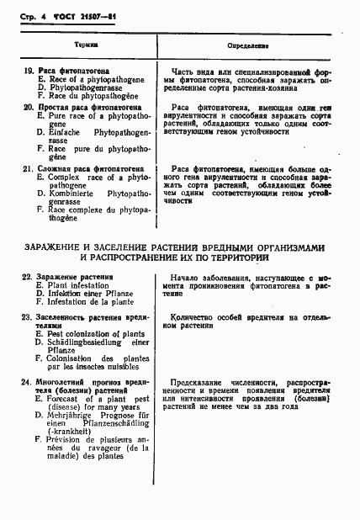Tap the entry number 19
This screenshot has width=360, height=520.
(x=28, y=72)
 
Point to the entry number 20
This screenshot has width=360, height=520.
(x=28, y=107)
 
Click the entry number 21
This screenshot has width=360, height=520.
(x=28, y=168)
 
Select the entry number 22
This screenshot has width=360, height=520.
(x=28, y=277)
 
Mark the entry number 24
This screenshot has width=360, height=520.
(x=28, y=381)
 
